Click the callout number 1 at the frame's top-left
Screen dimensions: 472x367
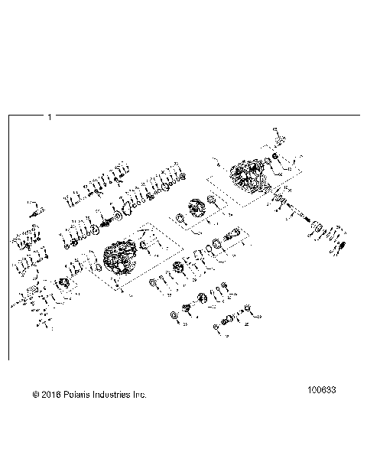(x=50, y=117)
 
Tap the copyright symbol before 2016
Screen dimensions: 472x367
(x=36, y=395)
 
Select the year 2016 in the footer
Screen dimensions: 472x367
(x=51, y=395)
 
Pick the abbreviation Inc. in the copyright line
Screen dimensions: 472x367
(x=139, y=395)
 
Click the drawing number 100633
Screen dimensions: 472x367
(x=321, y=389)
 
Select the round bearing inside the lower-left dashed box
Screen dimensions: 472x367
(x=64, y=285)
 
